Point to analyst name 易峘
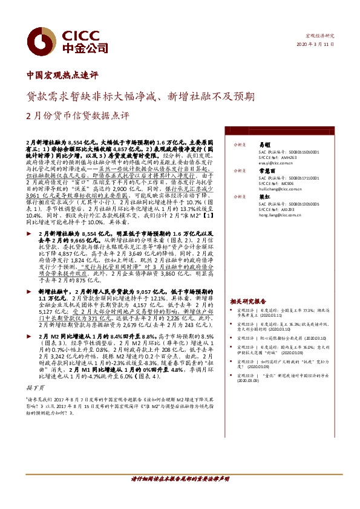[x=264, y=144]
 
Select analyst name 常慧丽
[x=267, y=171]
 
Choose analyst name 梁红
[x=264, y=197]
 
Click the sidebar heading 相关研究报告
[x=247, y=300]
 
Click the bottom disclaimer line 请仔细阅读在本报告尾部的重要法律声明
[x=180, y=494]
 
